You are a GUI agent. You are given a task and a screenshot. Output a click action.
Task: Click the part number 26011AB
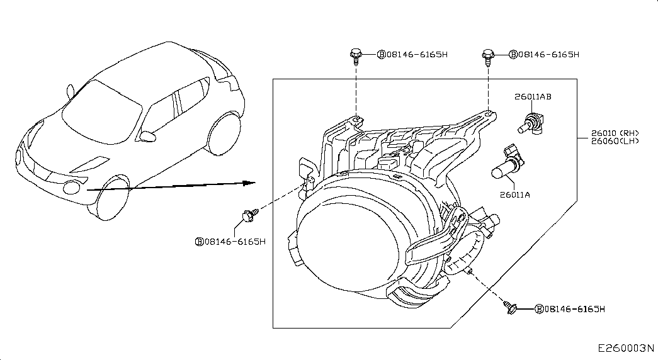coord(533,97)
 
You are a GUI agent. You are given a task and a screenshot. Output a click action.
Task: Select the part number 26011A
coord(515,195)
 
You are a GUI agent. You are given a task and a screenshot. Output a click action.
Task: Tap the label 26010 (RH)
coord(615,133)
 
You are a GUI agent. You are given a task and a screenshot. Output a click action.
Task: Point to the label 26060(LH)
coord(615,141)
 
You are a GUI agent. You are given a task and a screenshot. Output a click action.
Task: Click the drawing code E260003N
coord(626,348)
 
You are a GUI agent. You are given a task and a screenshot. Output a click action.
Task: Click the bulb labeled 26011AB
coord(530,121)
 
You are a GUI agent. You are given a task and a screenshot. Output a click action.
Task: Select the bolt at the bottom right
coord(511,308)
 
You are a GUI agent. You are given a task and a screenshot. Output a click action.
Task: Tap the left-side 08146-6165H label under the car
coord(230,242)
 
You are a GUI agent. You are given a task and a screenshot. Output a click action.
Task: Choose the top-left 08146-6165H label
coord(412,55)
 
